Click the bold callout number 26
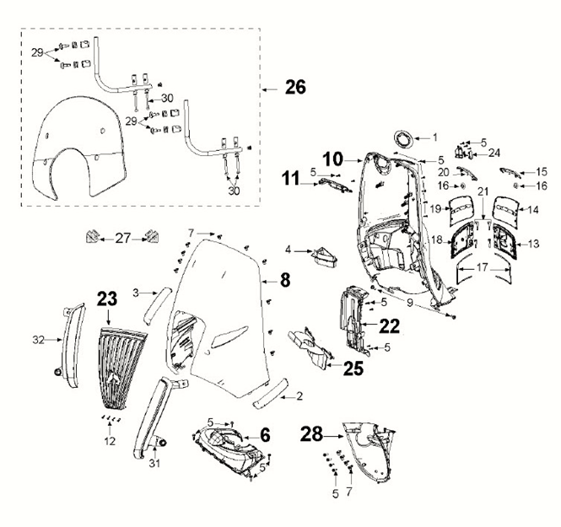pyautogui.click(x=295, y=86)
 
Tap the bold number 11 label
pyautogui.click(x=290, y=178)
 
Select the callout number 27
pyautogui.click(x=124, y=239)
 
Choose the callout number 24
pyautogui.click(x=494, y=153)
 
